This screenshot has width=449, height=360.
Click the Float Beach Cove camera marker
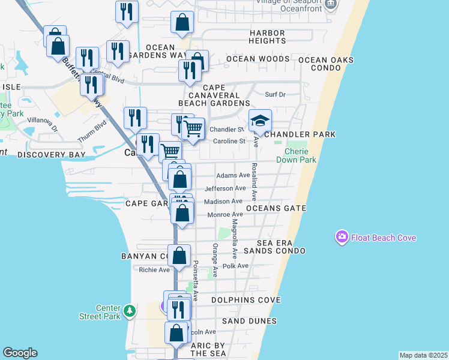click(x=342, y=238)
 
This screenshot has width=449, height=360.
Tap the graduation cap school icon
click(x=261, y=121)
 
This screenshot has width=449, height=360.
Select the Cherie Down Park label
click(x=296, y=155)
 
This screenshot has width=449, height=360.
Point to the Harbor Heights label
click(x=259, y=37)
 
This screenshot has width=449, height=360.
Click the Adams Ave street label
click(x=232, y=175)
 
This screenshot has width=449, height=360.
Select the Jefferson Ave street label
click(x=225, y=188)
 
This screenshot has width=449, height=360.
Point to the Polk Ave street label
click(x=235, y=266)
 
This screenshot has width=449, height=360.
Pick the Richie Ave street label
click(x=155, y=270)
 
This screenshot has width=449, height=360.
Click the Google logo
click(x=20, y=353)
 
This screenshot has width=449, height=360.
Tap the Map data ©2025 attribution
click(x=423, y=355)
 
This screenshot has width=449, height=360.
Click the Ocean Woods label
click(x=258, y=59)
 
